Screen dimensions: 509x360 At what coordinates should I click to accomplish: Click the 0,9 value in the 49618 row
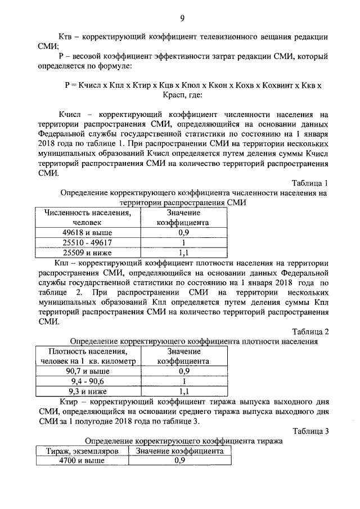183,232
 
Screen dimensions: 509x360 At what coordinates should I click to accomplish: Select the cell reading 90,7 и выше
88,371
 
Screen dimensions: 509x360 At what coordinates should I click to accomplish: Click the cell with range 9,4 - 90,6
88,381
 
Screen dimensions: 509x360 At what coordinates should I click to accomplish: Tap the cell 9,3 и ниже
88,391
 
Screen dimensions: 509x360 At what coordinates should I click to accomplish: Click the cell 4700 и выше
81,461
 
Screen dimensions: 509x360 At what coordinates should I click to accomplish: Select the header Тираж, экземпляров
81,451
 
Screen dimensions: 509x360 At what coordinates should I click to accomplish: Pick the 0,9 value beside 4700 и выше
180,461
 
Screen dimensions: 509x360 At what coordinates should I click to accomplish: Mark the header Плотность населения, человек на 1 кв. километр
88,356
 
